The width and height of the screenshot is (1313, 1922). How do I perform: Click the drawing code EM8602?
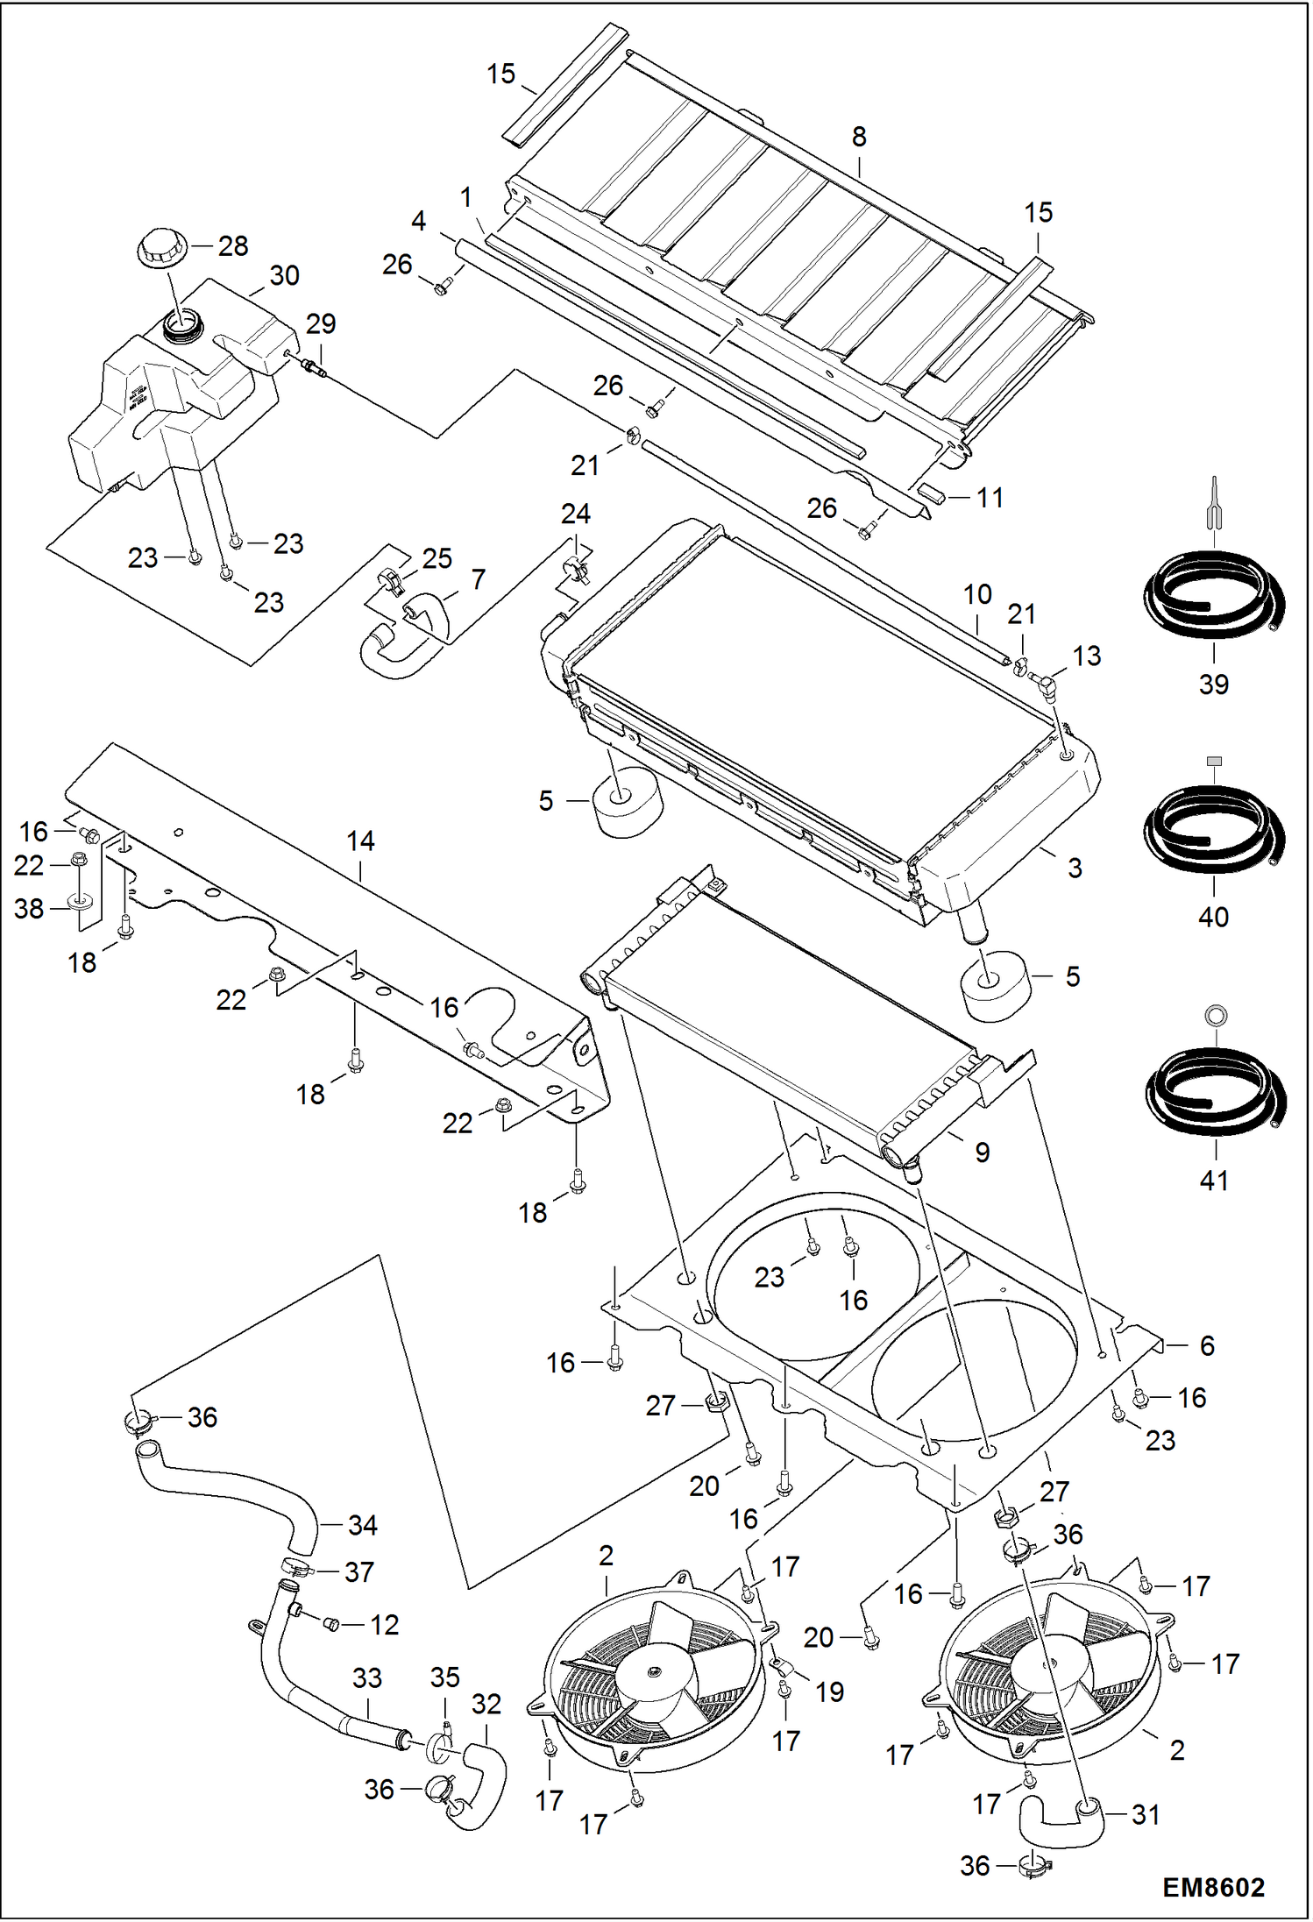[1213, 1886]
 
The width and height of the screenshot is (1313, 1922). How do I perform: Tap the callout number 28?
[233, 245]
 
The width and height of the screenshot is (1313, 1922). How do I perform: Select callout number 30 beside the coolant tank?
[284, 275]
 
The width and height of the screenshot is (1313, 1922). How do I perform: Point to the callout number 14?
[360, 841]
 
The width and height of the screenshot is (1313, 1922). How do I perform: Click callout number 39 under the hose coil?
[1213, 684]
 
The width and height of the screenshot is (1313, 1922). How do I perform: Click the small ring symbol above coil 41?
[1215, 1016]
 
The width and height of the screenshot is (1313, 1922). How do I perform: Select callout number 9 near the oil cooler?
[983, 1152]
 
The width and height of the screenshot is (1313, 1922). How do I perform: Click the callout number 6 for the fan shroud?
[1207, 1346]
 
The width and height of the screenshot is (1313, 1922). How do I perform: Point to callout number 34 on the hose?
[362, 1525]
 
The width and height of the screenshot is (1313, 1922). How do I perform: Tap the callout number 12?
[384, 1625]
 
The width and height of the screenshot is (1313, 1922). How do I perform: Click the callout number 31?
[1146, 1815]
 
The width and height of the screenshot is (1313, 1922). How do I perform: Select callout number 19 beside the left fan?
[829, 1692]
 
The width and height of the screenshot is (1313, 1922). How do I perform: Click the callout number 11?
[990, 498]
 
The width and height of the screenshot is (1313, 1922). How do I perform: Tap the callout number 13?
[1087, 656]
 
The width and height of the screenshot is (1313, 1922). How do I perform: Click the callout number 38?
[29, 909]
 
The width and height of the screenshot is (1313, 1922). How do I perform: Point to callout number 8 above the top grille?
[859, 137]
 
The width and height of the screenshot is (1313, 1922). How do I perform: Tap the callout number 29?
[321, 324]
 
